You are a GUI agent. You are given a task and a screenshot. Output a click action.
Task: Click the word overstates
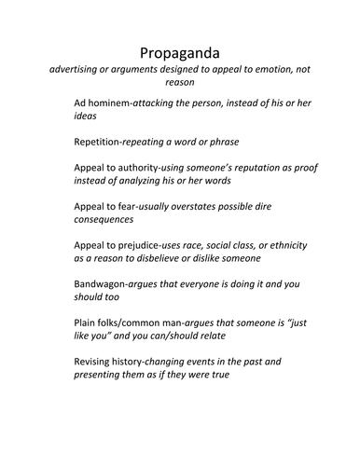(201, 208)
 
